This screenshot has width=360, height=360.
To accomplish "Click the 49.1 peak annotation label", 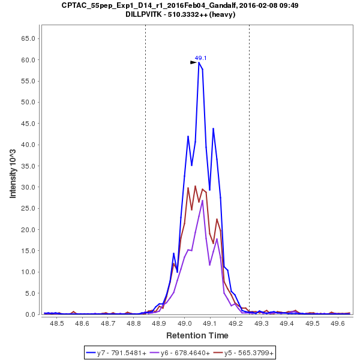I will tap(200, 58).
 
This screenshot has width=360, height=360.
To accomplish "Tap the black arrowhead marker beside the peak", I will tap(193, 62).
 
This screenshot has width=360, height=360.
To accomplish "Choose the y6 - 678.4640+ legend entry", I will tap(185, 353).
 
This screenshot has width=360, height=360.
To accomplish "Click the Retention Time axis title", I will tap(197, 335).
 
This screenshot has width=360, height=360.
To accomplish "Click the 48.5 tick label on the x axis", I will tap(57, 323).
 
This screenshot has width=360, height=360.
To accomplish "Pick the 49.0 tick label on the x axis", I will tap(185, 323).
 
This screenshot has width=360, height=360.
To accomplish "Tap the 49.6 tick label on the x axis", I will tap(338, 323).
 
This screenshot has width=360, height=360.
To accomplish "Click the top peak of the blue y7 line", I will tap(199, 62).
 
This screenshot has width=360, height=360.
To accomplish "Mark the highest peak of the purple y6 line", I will tap(203, 200).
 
